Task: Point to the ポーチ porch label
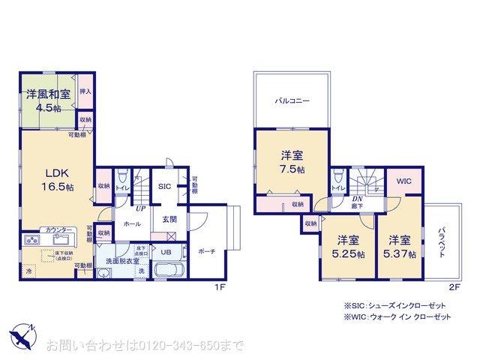pyautogui.click(x=208, y=251)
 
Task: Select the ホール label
pyautogui.click(x=132, y=223)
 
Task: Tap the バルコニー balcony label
pyautogui.click(x=292, y=100)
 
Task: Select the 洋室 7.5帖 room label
pyautogui.click(x=292, y=161)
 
